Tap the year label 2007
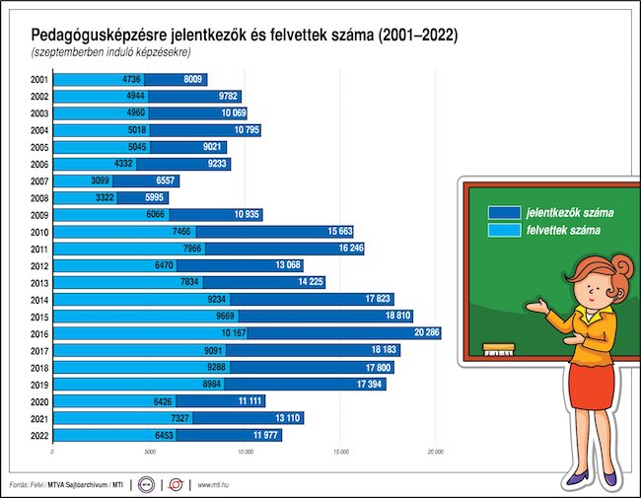[39, 181]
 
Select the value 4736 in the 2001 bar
[132, 80]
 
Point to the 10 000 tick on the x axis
[244, 453]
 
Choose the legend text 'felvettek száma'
[563, 230]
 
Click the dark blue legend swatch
[504, 212]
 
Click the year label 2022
[39, 435]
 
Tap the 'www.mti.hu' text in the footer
[215, 484]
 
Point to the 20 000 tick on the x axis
[435, 453]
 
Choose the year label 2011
[39, 249]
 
